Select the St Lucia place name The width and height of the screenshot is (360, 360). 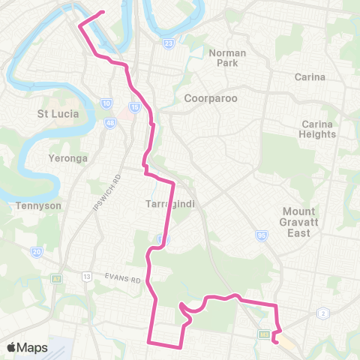[58, 113]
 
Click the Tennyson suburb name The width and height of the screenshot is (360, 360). [32, 205]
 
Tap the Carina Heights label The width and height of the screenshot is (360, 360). [318, 129]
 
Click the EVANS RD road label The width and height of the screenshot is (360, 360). [124, 280]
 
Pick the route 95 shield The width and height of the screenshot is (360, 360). [262, 236]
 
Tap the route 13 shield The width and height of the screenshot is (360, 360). [88, 277]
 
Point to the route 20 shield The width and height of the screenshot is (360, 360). [37, 252]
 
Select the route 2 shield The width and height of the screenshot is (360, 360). [323, 312]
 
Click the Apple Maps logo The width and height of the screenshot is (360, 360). [27, 347]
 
